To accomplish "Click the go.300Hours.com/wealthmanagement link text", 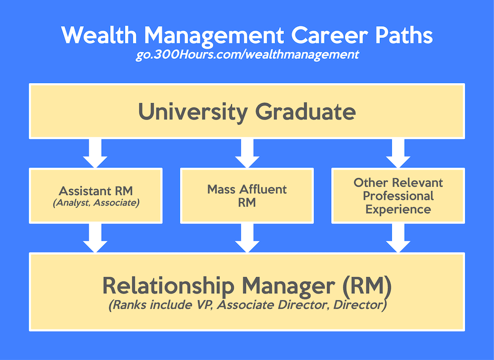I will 247,54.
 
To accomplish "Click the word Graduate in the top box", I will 305,112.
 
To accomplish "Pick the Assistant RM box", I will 96,196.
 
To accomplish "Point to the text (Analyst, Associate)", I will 96,202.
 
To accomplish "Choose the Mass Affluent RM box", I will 247,196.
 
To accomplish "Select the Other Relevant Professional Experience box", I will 398,196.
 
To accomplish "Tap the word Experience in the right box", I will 398,209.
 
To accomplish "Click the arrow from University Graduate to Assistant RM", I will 95,153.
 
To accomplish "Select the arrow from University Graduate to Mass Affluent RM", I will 247,153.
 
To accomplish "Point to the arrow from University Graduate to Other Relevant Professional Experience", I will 398,153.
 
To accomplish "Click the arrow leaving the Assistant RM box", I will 95,238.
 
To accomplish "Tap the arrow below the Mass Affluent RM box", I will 247,238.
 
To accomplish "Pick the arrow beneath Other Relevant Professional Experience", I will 398,238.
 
